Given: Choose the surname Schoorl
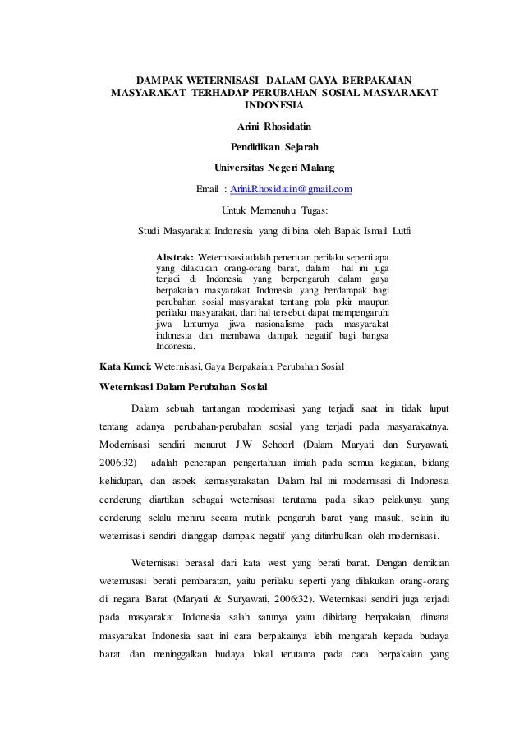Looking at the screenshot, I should coord(281,445).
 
